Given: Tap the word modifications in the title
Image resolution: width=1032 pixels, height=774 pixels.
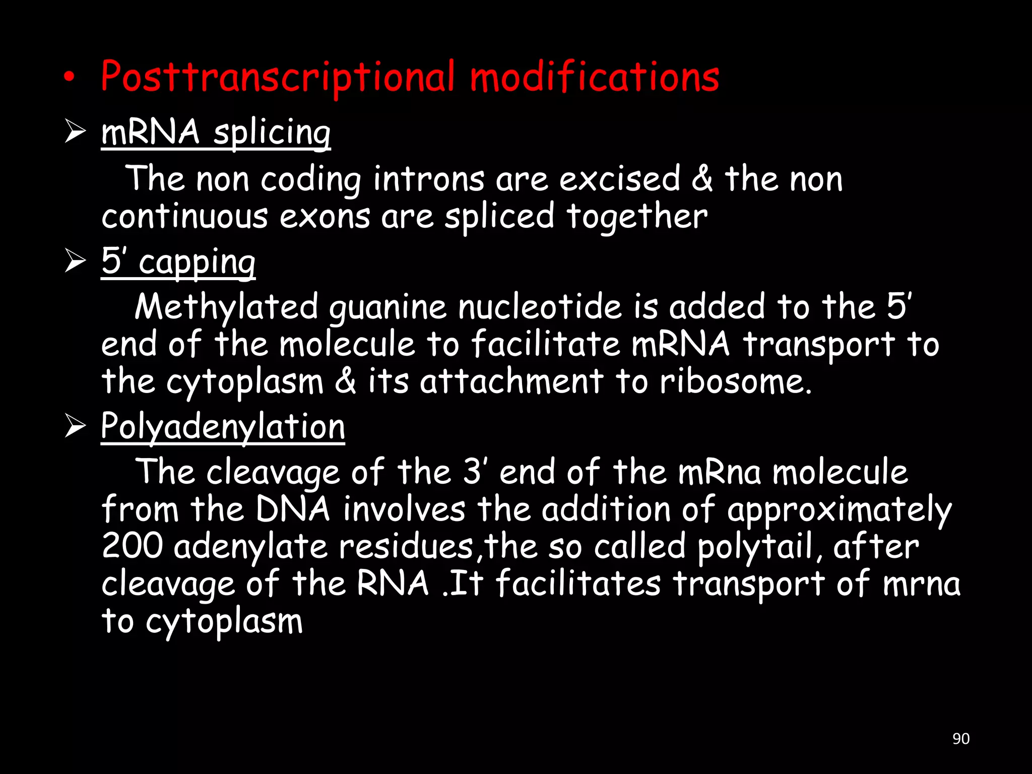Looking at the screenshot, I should [595, 77].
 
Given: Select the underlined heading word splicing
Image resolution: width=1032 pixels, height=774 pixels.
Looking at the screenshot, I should [272, 133].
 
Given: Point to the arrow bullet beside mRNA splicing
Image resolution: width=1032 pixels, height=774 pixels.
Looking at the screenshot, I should [75, 132].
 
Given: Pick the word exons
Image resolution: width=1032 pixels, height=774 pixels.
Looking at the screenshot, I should [325, 217].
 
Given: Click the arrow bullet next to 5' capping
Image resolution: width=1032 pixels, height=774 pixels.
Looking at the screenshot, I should [75, 262].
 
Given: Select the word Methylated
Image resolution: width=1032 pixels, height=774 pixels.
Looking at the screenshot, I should [227, 307].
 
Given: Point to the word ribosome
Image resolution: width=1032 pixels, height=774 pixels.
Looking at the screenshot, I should [736, 381].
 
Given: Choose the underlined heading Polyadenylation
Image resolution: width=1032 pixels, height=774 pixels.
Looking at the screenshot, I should [223, 427].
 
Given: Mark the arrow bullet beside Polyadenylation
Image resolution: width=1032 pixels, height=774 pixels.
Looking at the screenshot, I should [75, 426].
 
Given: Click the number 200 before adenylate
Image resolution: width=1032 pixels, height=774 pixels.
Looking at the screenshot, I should [132, 546].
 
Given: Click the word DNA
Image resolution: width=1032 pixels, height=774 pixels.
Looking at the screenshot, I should [293, 509].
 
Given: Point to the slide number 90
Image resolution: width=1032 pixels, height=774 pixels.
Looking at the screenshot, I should [961, 739].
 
